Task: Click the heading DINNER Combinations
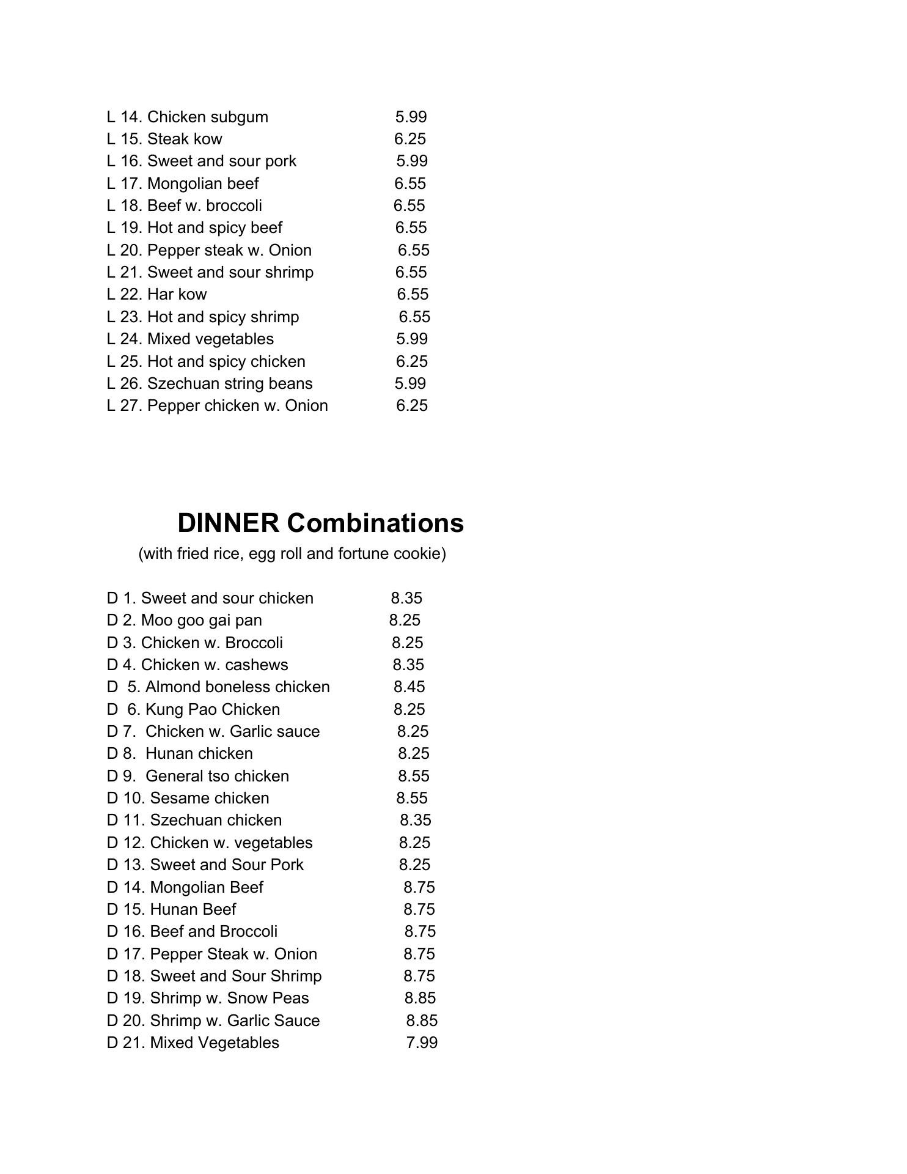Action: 320,523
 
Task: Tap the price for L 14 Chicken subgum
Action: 411,117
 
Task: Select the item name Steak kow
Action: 185,139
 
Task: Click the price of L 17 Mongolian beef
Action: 410,183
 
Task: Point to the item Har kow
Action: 177,295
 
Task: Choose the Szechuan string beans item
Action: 229,384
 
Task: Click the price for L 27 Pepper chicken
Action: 412,406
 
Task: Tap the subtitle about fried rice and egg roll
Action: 292,554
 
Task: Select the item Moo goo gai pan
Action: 201,621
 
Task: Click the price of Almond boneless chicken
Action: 409,687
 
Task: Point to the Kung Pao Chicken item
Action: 212,710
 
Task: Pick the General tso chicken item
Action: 217,777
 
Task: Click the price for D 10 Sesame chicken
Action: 412,799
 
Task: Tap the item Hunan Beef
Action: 193,910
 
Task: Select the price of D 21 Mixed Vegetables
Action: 422,1043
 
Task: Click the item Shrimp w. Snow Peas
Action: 229,999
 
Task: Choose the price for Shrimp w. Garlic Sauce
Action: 422,1021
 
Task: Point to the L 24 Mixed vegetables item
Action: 210,339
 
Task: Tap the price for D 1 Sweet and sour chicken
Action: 406,599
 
